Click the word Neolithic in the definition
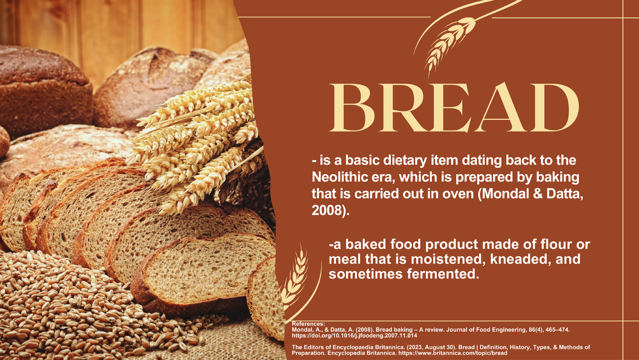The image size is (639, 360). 338,176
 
